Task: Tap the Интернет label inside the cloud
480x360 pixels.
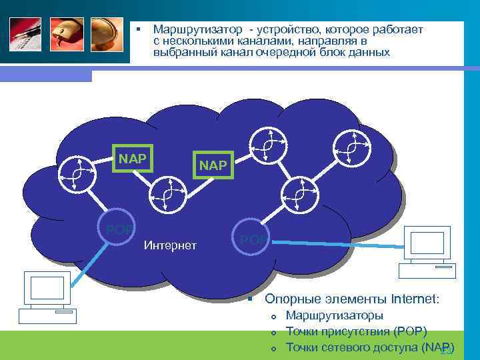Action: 170,246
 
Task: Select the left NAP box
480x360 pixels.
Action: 133,159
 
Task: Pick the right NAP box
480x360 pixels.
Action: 213,164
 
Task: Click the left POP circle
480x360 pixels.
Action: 119,229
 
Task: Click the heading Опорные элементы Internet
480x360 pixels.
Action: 352,299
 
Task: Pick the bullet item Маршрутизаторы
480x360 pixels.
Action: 334,315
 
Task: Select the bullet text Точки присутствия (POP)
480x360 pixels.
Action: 356,331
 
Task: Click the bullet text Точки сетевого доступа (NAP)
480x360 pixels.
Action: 369,347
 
